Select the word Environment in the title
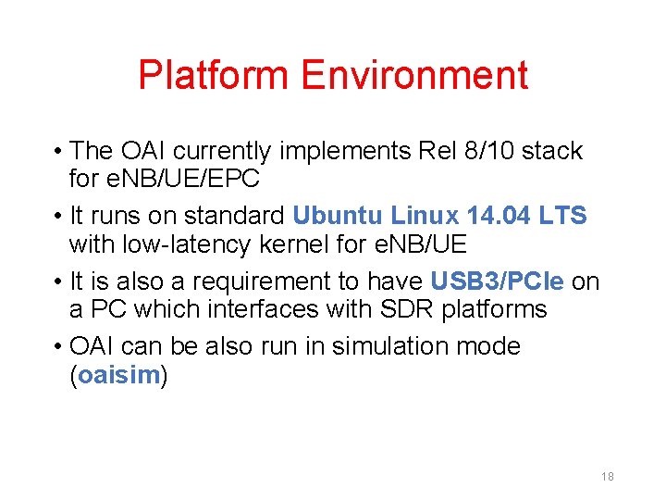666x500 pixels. (414, 75)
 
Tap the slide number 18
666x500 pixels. (608, 477)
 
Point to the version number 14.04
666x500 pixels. (500, 216)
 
